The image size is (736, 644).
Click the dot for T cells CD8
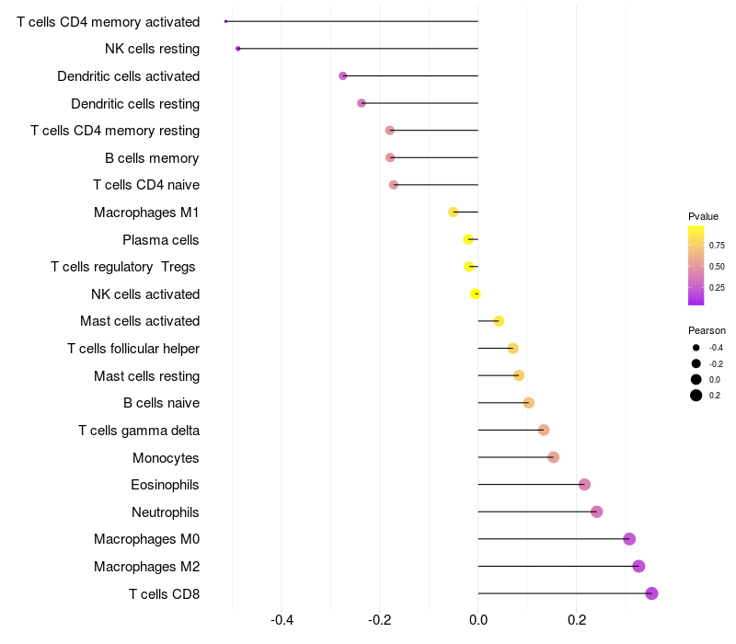[x=651, y=593]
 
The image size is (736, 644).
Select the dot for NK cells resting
[x=238, y=49]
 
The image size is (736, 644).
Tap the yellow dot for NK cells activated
[x=475, y=293]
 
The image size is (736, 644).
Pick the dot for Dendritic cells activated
[x=342, y=76]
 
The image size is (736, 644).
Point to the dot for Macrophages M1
[x=453, y=213]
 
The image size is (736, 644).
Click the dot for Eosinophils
[x=584, y=485]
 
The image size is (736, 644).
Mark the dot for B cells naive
[x=528, y=403]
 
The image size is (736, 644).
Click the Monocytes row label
[x=166, y=457]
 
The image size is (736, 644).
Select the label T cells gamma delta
[x=139, y=431]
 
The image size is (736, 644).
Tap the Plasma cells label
[x=160, y=240]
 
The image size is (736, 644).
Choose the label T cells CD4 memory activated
[x=109, y=22]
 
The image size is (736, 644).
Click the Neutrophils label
[x=166, y=512]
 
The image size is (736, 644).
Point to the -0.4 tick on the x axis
[x=282, y=620]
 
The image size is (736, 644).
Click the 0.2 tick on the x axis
[x=577, y=620]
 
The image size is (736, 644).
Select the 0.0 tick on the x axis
[x=478, y=620]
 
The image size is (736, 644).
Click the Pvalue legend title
[x=703, y=216]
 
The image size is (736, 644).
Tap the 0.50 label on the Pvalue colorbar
[x=717, y=267]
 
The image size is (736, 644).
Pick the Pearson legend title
[x=707, y=330]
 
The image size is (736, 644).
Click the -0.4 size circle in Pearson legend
[x=696, y=348]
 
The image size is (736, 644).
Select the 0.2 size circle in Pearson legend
[x=696, y=396]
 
